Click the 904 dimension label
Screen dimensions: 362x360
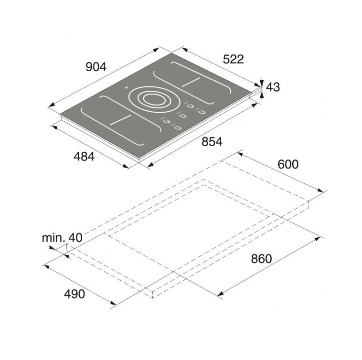coord(96,67)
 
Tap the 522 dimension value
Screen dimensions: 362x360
coord(233,59)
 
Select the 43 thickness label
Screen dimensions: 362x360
coord(273,87)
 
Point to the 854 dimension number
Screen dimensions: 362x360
coord(212,142)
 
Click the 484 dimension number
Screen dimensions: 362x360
coord(84,157)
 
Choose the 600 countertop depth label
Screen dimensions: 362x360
coord(288,164)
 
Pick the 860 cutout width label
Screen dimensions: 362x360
coord(261,259)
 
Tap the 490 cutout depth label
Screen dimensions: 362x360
coord(75,294)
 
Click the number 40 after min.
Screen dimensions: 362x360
coord(75,238)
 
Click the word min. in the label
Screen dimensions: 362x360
coord(53,238)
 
